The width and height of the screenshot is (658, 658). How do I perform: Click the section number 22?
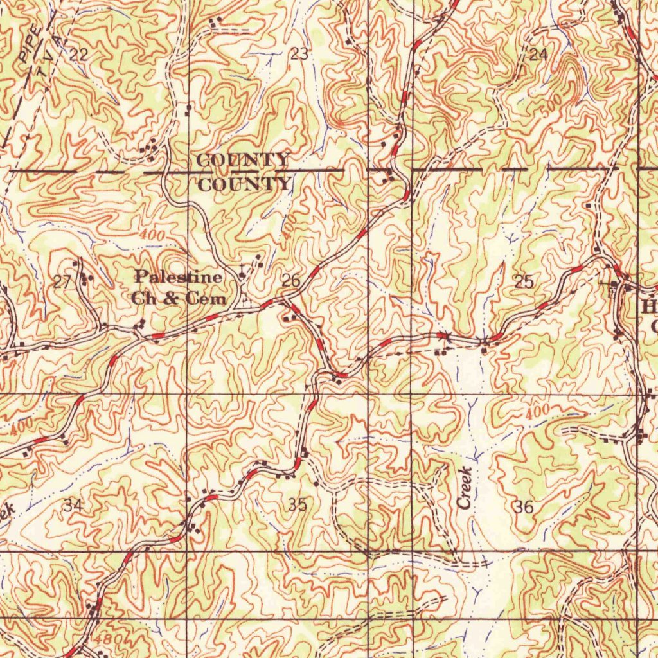pyautogui.click(x=78, y=55)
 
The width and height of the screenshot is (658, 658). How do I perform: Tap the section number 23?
pyautogui.click(x=299, y=54)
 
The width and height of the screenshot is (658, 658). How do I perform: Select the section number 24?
pyautogui.click(x=538, y=55)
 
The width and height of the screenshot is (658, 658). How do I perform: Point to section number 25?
pyautogui.click(x=524, y=281)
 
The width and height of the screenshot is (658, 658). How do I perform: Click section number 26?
pyautogui.click(x=290, y=280)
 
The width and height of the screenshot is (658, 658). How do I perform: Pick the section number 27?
pyautogui.click(x=62, y=281)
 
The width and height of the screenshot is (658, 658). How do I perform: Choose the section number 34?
pyautogui.click(x=73, y=506)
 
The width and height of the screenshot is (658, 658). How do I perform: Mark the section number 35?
pyautogui.click(x=297, y=505)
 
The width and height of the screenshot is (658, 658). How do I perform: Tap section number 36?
pyautogui.click(x=524, y=507)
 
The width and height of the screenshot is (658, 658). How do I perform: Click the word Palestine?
pyautogui.click(x=179, y=277)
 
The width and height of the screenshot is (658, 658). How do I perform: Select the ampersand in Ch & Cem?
pyautogui.click(x=171, y=299)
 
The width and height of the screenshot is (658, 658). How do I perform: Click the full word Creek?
pyautogui.click(x=467, y=488)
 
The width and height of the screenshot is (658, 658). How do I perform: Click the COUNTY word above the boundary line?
pyautogui.click(x=243, y=160)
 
